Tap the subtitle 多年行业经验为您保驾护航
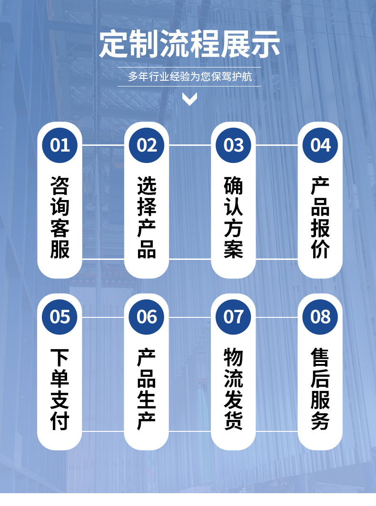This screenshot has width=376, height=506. [x=189, y=77]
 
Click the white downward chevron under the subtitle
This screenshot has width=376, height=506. [x=189, y=99]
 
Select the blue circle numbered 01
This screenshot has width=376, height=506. [x=60, y=145]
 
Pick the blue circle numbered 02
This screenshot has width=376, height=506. [x=147, y=145]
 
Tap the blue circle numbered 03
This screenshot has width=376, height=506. [x=233, y=145]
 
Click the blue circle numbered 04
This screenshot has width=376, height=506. [x=320, y=145]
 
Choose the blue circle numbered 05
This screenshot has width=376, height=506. [x=60, y=316]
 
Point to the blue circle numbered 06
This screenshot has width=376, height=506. [x=147, y=316]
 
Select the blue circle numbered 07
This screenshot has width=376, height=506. [x=233, y=316]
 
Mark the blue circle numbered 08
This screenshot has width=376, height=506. [x=320, y=316]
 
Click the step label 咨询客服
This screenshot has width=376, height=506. [x=60, y=218]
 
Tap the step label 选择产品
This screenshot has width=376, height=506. [x=147, y=218]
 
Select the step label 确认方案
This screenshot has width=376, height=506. [x=233, y=218]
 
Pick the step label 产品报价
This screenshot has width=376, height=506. [x=320, y=218]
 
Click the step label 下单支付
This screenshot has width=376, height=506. [x=60, y=389]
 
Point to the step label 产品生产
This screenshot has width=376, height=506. [x=147, y=389]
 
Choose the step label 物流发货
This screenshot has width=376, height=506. [x=233, y=389]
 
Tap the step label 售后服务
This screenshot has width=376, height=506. [x=320, y=389]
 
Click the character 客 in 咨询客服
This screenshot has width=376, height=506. [x=60, y=229]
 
